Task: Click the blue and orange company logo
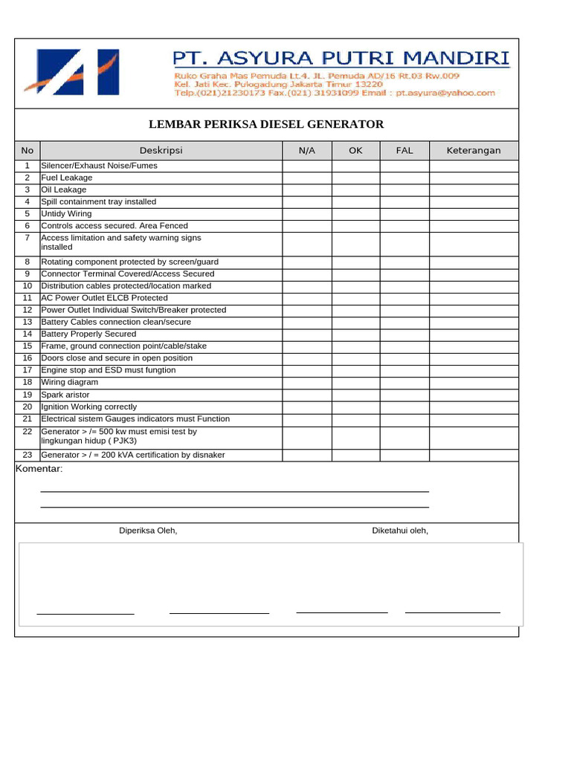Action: [x=71, y=71]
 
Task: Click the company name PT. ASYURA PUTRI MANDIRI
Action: [x=341, y=58]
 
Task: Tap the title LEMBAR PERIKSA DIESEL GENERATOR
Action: [x=266, y=124]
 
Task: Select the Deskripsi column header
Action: [x=161, y=150]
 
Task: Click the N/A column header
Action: [x=307, y=150]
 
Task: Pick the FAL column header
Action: [x=404, y=150]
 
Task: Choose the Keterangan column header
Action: [x=474, y=150]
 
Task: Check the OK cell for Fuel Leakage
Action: [x=356, y=178]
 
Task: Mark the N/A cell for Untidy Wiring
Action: [x=307, y=213]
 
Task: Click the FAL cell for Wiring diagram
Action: [x=404, y=382]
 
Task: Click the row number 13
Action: [x=28, y=322]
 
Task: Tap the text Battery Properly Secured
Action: [x=88, y=334]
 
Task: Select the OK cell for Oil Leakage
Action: [x=356, y=190]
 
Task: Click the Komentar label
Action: [x=39, y=469]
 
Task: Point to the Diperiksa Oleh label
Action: [x=149, y=531]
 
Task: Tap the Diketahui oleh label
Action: [x=400, y=531]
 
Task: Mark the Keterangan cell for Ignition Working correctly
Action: [x=474, y=407]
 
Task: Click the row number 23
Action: [x=28, y=455]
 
